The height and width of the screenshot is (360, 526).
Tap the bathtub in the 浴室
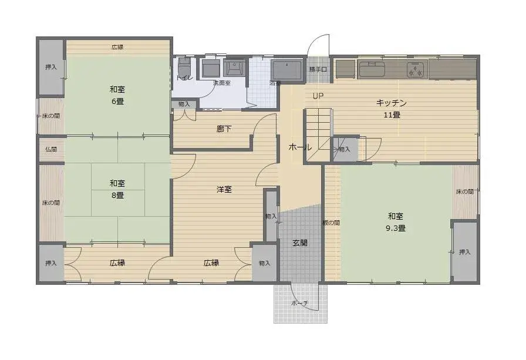(288, 70)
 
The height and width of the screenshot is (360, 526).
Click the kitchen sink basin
(372, 69)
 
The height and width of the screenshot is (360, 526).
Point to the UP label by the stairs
(318, 96)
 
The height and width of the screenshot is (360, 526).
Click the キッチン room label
(392, 103)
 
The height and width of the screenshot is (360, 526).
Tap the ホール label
(300, 147)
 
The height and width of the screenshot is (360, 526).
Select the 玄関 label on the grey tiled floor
(300, 243)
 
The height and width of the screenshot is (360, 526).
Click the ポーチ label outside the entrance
(299, 303)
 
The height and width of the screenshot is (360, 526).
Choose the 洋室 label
(224, 189)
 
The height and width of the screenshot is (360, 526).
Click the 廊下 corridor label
(224, 129)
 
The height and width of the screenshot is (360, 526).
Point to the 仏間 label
(51, 149)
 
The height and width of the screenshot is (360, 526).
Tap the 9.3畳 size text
(396, 228)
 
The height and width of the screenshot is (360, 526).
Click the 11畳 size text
(392, 115)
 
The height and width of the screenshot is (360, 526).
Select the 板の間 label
(332, 223)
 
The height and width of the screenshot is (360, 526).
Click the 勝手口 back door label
(318, 69)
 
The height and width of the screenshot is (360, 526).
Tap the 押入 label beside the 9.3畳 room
(464, 252)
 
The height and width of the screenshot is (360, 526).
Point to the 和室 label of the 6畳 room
(117, 89)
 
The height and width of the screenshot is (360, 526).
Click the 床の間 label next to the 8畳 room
(51, 203)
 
